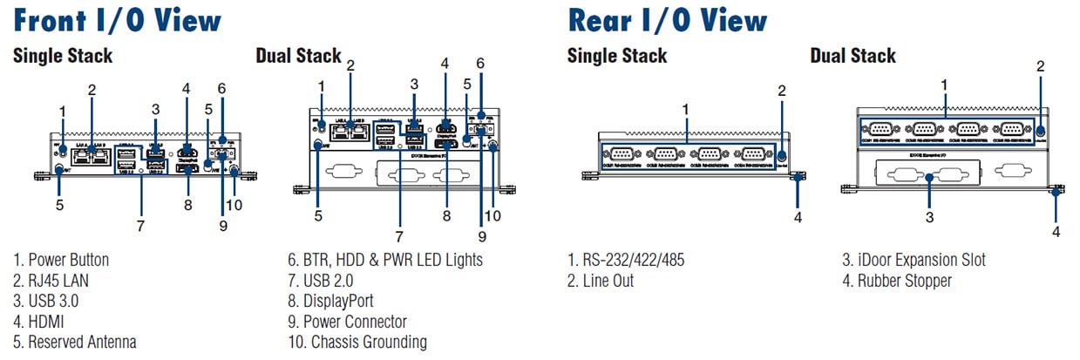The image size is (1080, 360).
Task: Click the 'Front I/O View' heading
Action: [118, 19]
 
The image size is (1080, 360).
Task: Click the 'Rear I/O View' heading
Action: [668, 19]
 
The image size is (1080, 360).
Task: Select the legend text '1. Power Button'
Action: [61, 260]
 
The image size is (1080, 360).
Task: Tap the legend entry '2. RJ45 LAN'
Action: [51, 281]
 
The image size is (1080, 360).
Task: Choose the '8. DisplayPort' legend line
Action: [330, 301]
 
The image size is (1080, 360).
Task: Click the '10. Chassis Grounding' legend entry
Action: [357, 343]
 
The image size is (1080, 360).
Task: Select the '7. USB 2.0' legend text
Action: [320, 281]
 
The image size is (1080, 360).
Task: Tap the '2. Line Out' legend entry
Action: [601, 281]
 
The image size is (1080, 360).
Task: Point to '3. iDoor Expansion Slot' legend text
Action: [914, 260]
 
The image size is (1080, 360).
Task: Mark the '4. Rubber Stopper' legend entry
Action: [897, 281]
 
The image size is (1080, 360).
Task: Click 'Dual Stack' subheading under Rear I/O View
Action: [852, 57]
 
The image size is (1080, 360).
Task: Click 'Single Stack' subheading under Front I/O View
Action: [63, 57]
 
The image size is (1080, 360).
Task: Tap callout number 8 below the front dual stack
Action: [447, 214]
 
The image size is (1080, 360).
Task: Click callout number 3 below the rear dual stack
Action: [930, 215]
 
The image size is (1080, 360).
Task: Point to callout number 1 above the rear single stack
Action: [686, 109]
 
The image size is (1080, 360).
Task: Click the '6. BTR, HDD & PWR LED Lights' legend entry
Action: [384, 260]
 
